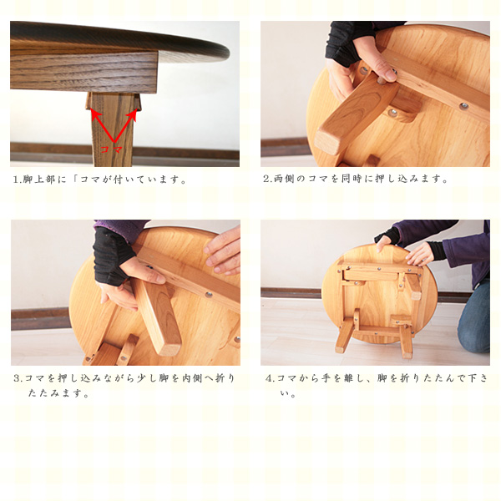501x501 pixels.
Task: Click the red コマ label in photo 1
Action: click(111, 149)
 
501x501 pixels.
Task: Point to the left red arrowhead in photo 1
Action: click(96, 114)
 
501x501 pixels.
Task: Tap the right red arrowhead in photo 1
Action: click(133, 115)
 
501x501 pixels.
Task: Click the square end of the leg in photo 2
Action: click(326, 143)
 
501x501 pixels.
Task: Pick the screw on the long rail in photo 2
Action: click(463, 106)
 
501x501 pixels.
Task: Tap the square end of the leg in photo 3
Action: click(170, 347)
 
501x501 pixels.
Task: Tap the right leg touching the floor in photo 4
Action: click(406, 342)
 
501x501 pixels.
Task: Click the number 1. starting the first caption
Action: click(17, 180)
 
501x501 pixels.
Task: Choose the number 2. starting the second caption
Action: click(268, 179)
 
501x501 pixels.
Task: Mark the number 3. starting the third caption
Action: click(18, 378)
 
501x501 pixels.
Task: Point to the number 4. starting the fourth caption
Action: click(271, 378)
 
